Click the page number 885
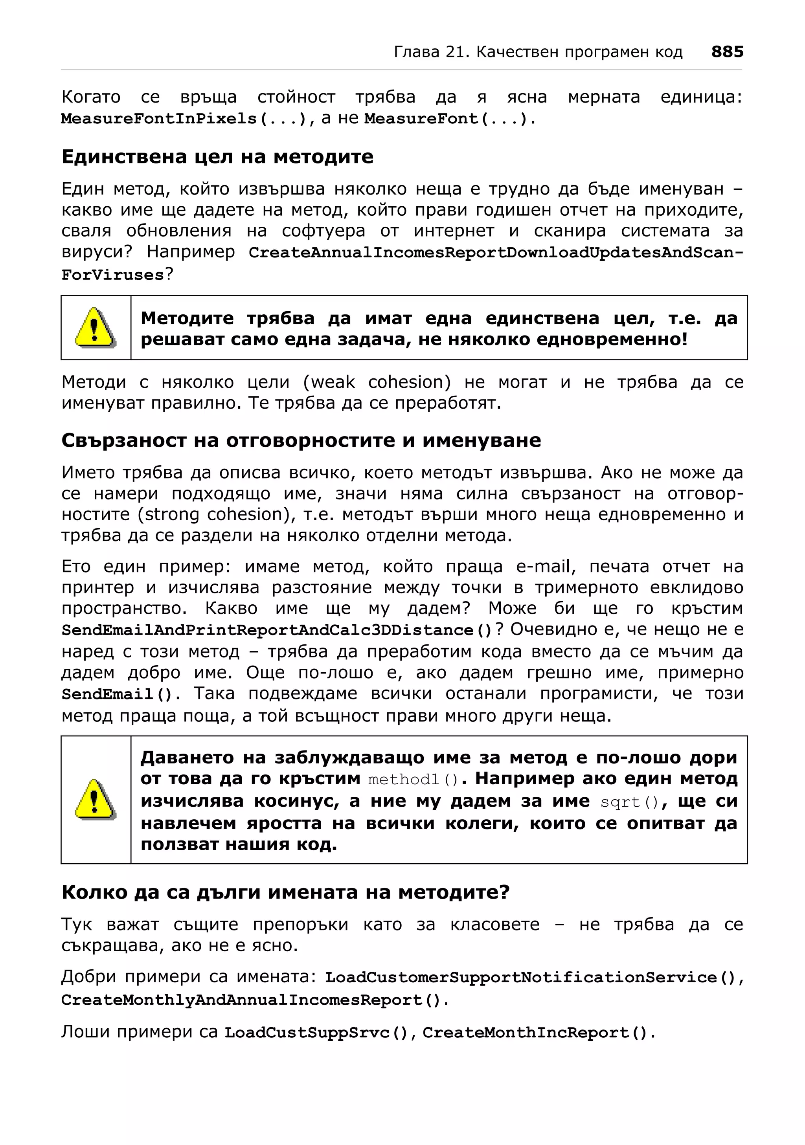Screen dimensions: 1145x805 pos(727,52)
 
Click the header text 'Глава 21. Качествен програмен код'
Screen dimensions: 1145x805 pos(538,52)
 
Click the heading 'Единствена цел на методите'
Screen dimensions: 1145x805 pos(217,157)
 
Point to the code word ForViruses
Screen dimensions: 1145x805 pos(113,275)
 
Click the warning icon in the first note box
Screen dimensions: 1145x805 pos(95,328)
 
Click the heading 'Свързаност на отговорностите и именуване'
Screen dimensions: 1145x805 pos(301,441)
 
